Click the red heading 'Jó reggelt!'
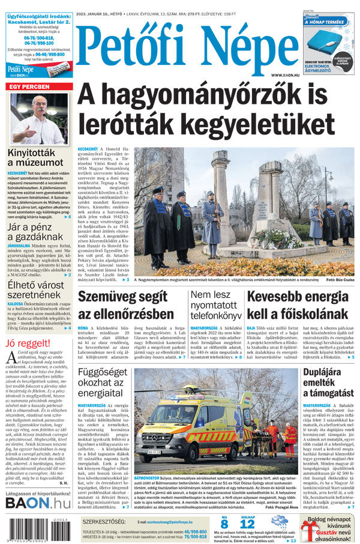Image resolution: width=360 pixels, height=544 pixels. [x=27, y=343]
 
